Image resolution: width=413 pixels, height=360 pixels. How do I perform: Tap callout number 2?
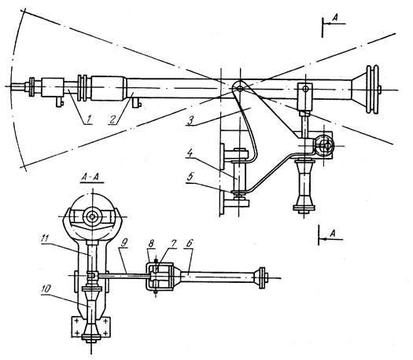point(113,119)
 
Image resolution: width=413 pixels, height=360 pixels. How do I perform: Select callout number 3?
point(190,120)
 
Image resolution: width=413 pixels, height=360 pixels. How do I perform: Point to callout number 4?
point(190,154)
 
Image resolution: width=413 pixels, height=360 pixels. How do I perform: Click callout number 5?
point(190,177)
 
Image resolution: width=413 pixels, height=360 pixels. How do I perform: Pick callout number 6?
point(190,243)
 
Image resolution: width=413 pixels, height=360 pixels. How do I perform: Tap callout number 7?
point(173,244)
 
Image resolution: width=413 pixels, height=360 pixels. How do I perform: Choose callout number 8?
point(151,244)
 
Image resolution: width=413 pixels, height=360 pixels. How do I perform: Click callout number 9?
point(124,243)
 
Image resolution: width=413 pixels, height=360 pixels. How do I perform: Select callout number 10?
point(46,288)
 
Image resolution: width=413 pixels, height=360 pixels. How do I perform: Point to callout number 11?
point(45,239)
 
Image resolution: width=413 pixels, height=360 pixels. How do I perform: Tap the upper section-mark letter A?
point(335,17)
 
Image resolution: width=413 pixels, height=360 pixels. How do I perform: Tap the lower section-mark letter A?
point(333,233)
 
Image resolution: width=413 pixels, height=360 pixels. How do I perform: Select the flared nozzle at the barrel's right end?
point(359,90)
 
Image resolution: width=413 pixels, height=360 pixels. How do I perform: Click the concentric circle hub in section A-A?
point(92,217)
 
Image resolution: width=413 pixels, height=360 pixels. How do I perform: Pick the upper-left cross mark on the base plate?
point(77,321)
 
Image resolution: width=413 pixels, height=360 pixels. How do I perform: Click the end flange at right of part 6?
point(262,278)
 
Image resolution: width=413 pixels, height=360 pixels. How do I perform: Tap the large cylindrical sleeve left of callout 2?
point(109,88)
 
